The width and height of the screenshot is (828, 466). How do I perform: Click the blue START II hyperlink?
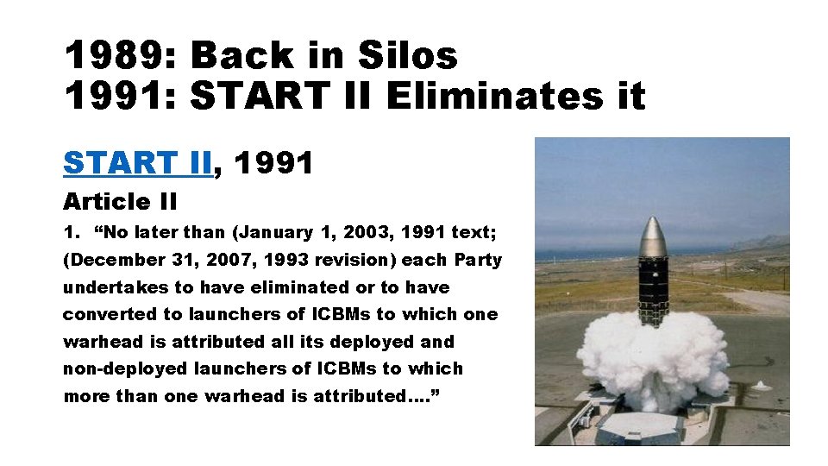tap(137, 162)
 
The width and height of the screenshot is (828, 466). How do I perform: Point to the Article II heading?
tap(120, 202)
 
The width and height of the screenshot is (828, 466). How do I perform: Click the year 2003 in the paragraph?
tap(367, 232)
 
